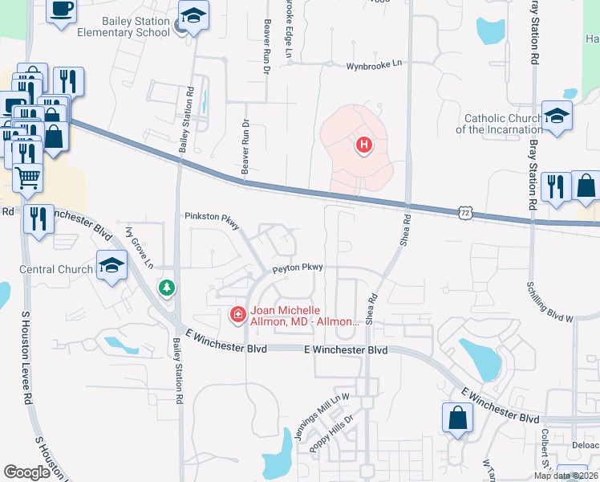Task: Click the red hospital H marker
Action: coord(364,145)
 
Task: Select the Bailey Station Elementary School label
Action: coord(124,27)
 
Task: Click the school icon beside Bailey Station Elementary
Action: coord(193,17)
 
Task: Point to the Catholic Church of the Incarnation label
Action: coord(499,124)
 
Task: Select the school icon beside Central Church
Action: coord(112,266)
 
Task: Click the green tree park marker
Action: coord(167,287)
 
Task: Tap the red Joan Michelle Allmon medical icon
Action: coord(237,313)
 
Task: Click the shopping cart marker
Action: coord(27,178)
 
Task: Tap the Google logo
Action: coord(27,472)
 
